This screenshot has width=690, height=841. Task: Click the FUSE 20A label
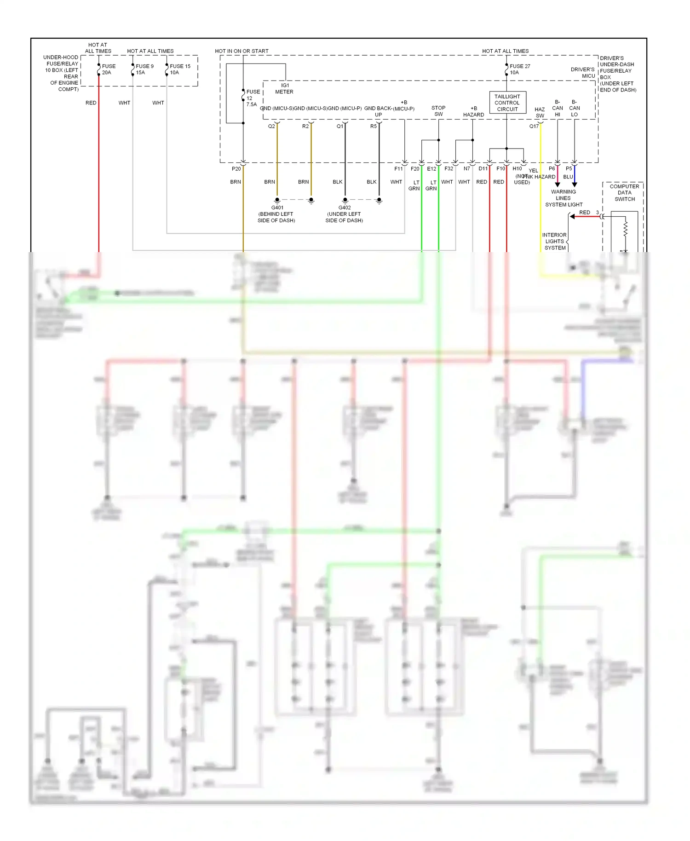[108, 69]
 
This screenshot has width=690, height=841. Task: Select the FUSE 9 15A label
[144, 69]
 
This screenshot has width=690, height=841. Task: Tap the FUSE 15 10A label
[179, 69]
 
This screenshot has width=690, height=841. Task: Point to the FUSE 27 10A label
[519, 69]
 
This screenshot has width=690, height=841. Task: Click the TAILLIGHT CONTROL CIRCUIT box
[507, 103]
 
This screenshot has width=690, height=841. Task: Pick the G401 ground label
[277, 208]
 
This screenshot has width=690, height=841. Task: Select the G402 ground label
[345, 208]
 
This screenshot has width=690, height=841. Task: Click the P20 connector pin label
[236, 169]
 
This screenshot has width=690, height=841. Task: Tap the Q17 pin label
[534, 126]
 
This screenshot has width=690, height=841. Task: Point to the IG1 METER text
[284, 89]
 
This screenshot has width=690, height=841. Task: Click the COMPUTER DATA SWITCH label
[624, 193]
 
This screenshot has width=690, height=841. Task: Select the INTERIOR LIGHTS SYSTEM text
[554, 242]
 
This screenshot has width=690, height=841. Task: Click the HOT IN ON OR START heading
[241, 51]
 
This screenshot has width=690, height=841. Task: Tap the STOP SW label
[438, 111]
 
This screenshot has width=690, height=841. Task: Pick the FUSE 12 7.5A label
[252, 98]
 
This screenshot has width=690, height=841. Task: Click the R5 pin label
[374, 126]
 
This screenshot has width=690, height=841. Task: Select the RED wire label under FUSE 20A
[91, 103]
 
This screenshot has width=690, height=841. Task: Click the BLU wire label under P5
[568, 177]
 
